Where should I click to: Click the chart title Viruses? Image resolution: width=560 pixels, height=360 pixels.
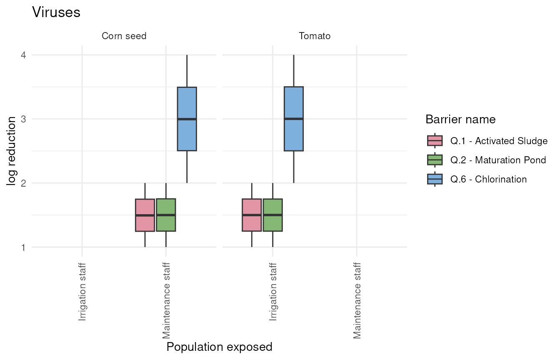(x=56, y=12)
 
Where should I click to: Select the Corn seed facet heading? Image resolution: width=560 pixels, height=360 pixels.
(x=124, y=36)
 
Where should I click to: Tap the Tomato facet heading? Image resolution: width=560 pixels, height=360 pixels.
(x=315, y=36)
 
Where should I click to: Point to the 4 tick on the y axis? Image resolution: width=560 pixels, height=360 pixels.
(x=23, y=55)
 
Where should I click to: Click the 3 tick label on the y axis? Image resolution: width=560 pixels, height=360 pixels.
(x=23, y=119)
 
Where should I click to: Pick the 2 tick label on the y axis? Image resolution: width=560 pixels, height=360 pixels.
(x=23, y=183)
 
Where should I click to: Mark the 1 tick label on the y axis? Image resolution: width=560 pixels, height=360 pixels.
(x=23, y=247)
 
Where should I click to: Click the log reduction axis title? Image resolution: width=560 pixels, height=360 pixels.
(x=12, y=151)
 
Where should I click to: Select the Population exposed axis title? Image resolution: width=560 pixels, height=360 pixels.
(x=219, y=347)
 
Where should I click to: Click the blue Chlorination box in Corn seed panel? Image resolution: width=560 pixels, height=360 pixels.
(x=187, y=119)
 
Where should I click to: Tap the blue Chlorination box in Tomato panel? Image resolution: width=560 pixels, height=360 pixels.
(x=294, y=119)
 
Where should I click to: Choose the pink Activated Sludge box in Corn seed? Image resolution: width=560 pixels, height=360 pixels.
(x=145, y=215)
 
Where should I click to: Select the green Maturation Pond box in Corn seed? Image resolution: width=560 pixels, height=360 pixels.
(x=166, y=215)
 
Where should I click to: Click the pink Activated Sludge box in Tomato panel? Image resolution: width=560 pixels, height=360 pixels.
(x=252, y=215)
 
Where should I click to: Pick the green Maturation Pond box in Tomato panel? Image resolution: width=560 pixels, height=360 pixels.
(x=273, y=215)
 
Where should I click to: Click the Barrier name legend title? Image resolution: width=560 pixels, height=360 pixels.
(x=460, y=119)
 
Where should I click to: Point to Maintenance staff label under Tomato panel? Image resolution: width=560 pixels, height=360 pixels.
(x=357, y=300)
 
